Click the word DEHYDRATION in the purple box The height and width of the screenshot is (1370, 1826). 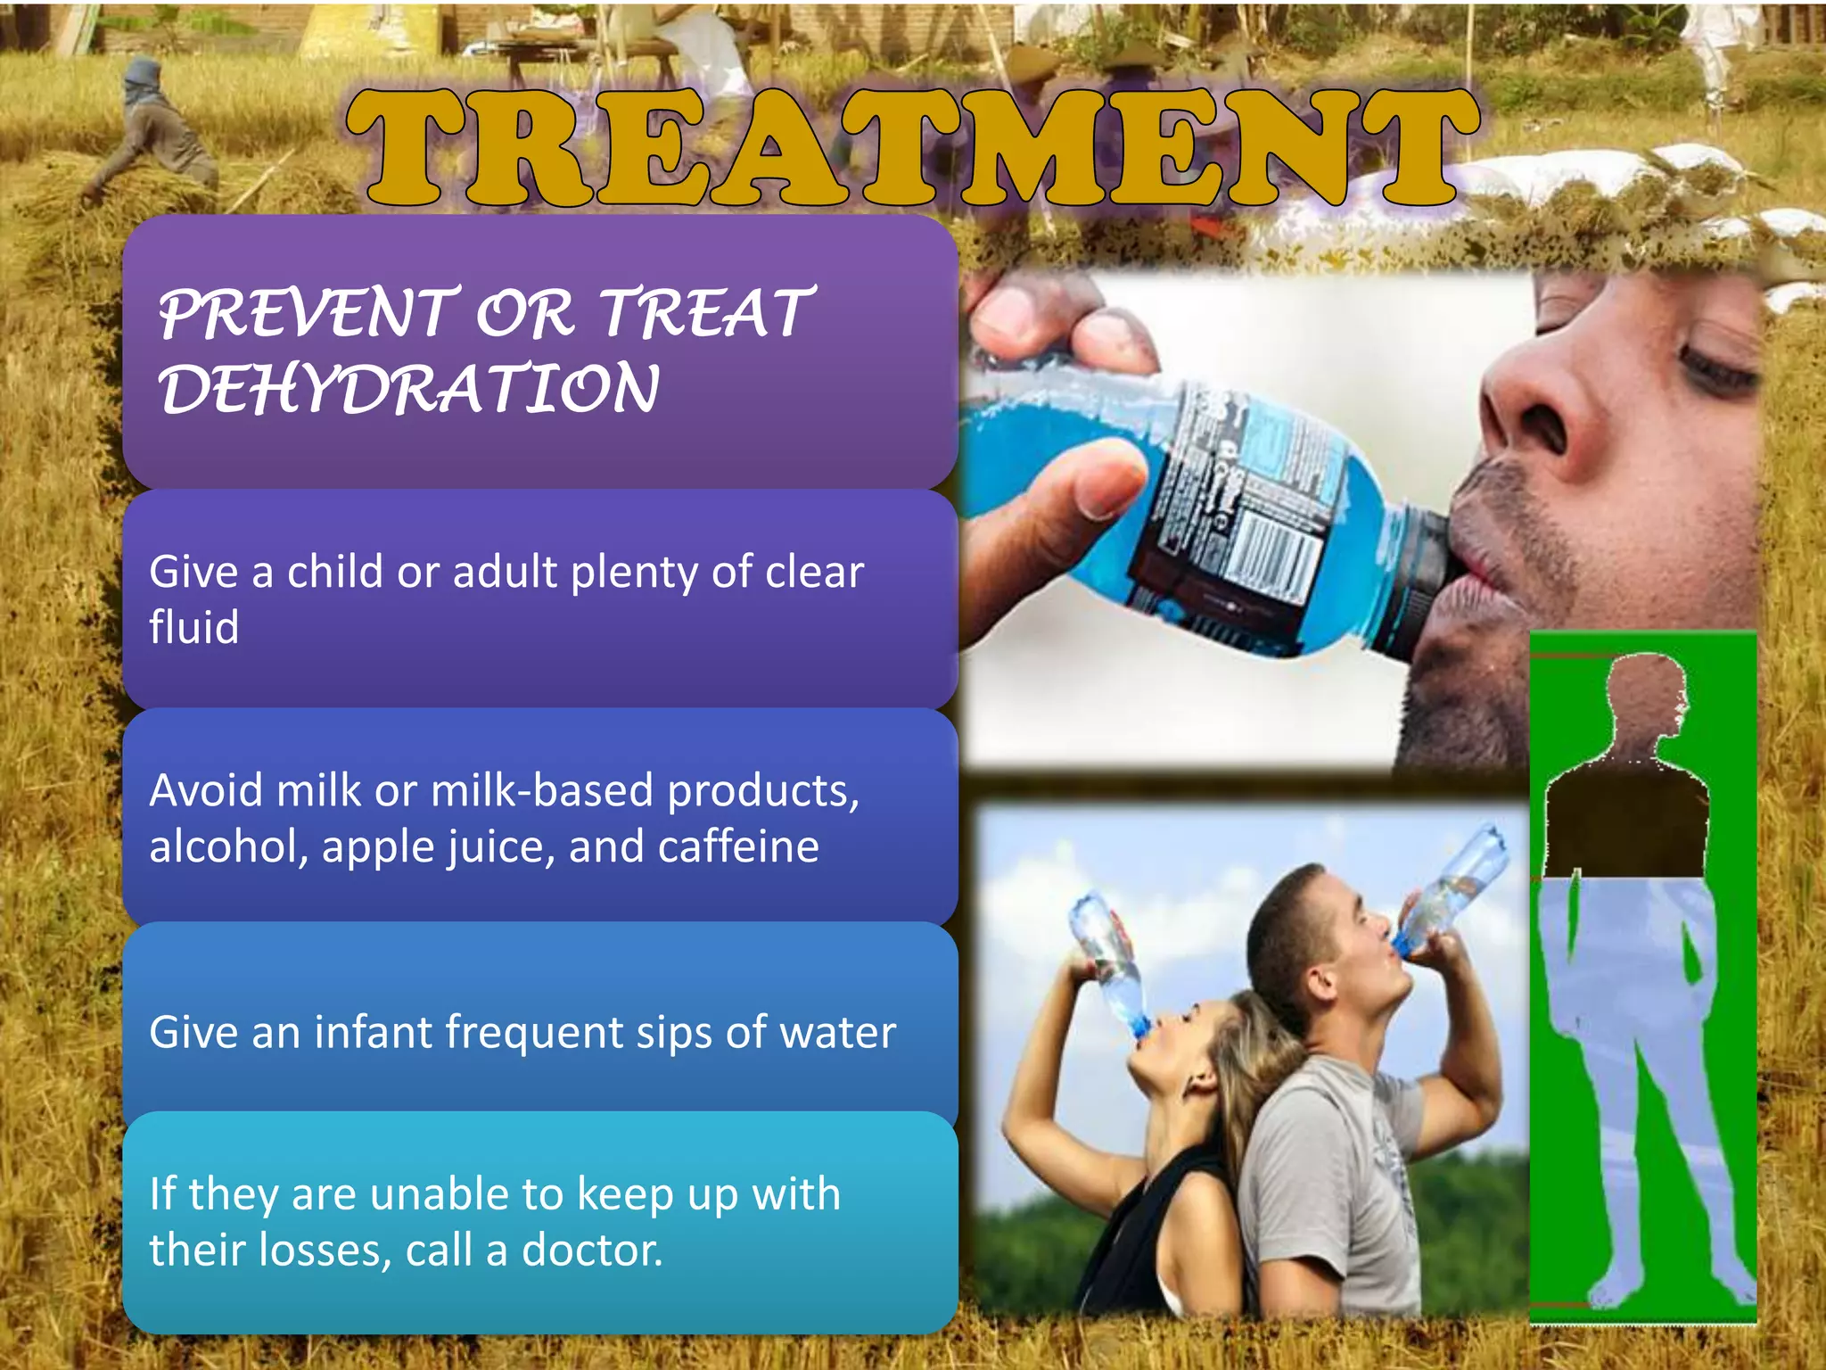pos(409,390)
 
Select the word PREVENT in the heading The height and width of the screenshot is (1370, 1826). pos(308,314)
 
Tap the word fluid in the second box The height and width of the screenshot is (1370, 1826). pos(193,626)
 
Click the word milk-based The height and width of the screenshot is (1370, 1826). pos(542,790)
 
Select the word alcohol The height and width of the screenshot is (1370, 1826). pos(228,846)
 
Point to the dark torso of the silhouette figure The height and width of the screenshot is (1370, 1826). pos(1624,821)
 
